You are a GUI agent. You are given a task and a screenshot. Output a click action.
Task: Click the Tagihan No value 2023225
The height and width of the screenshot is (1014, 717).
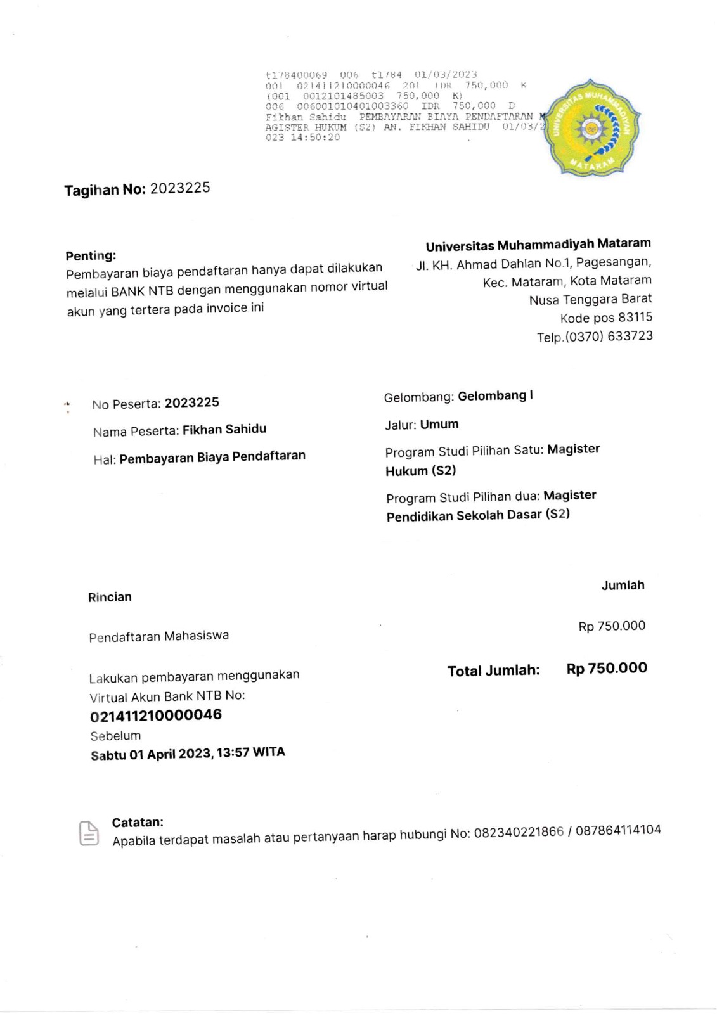coord(180,188)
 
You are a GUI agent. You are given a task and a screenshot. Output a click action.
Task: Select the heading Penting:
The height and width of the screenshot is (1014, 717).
coord(91,256)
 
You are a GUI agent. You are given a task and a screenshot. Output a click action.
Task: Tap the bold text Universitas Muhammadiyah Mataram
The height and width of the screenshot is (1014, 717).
coord(538,245)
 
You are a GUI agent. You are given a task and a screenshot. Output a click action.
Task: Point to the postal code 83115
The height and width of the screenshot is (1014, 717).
coord(635,318)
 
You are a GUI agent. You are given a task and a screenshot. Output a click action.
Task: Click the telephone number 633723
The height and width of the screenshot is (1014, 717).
coord(630,336)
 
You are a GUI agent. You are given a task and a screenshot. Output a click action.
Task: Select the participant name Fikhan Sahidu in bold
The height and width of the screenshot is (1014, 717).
coord(224,430)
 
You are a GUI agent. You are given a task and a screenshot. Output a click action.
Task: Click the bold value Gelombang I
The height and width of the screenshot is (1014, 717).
coord(495,396)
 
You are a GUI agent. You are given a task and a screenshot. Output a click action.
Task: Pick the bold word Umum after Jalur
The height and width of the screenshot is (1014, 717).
coord(439,425)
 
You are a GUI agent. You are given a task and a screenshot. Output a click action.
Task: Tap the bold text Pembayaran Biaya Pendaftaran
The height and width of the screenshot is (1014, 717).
coord(212,457)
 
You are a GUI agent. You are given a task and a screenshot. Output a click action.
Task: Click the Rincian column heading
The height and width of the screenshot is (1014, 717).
coord(110,597)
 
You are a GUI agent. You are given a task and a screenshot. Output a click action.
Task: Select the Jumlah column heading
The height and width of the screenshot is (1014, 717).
coord(623,586)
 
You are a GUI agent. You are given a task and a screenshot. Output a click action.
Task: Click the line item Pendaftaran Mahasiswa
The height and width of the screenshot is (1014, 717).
coord(158,636)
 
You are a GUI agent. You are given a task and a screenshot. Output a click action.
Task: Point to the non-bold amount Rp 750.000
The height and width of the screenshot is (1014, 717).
coord(612,626)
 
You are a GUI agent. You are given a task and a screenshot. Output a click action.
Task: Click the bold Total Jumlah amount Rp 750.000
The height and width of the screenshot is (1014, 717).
coord(607,668)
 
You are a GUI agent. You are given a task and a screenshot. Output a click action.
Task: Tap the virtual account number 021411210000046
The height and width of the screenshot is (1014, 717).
coord(156,716)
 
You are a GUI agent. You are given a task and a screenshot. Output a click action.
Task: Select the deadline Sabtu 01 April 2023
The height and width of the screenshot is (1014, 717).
coord(151,755)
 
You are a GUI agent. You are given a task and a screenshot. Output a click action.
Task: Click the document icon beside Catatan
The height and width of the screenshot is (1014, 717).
coord(89,833)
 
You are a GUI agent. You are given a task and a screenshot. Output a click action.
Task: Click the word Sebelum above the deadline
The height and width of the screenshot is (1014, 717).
coord(115,736)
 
